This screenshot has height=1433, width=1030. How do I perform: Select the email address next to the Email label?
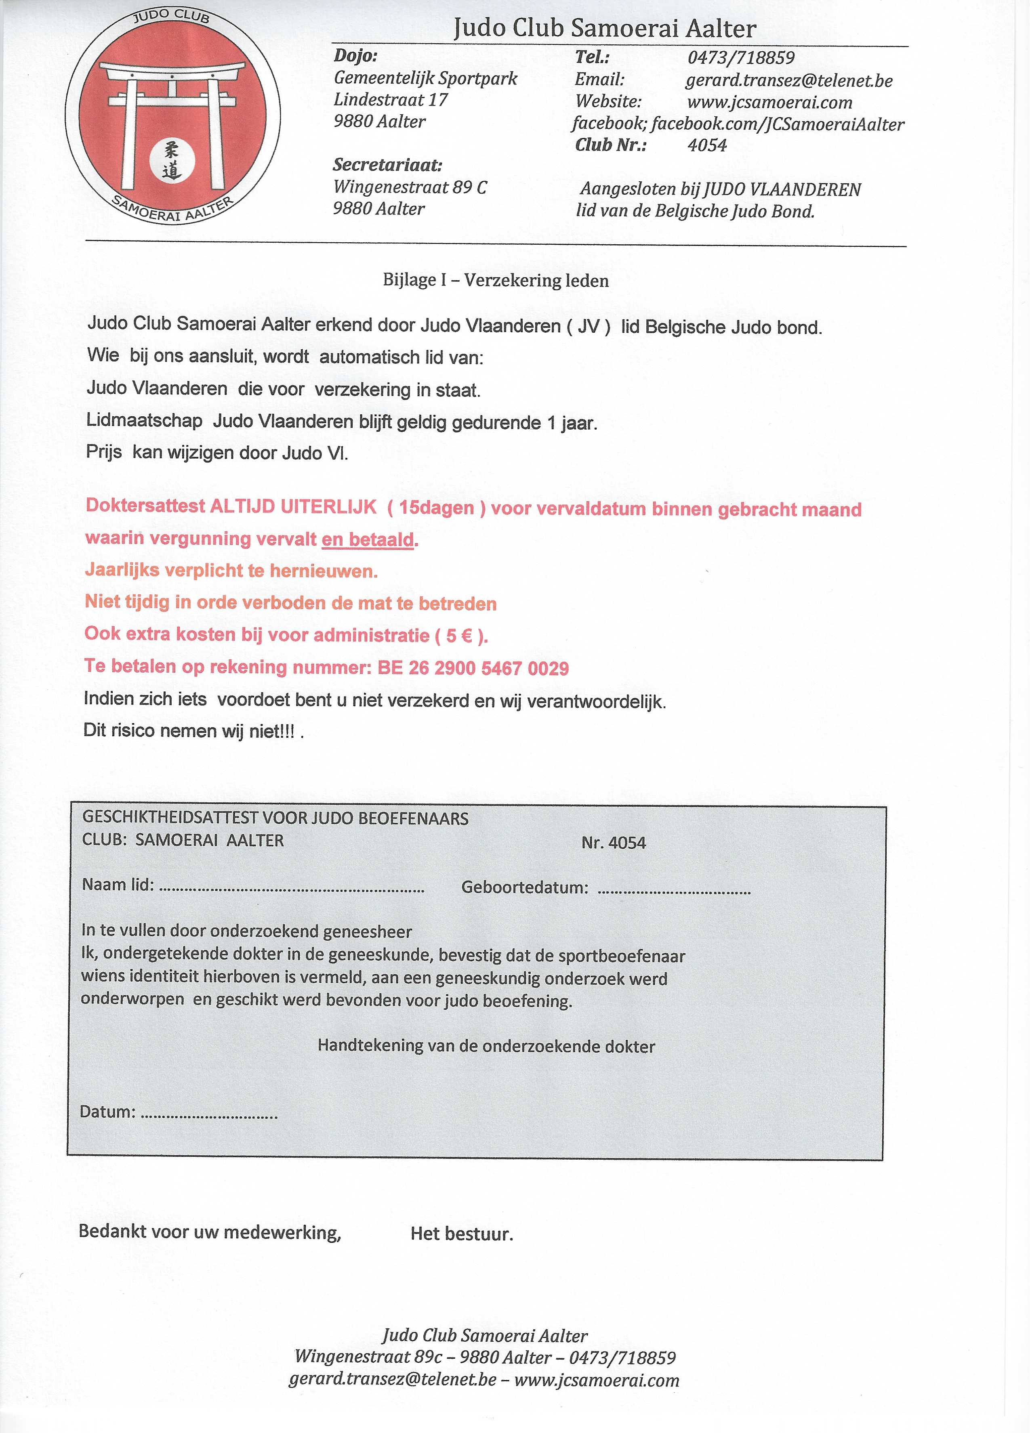(788, 81)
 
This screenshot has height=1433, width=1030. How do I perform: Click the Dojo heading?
(355, 56)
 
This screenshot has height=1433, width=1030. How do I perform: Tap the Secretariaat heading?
(387, 166)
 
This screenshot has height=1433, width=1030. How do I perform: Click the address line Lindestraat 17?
(391, 100)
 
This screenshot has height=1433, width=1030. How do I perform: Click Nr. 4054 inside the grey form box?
(614, 843)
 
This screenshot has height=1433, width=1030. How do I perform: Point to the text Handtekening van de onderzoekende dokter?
(486, 1046)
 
